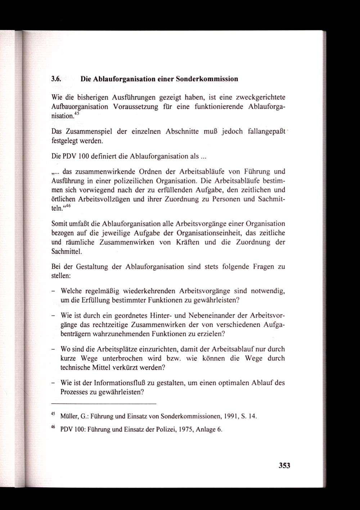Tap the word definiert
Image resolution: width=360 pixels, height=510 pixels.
click(102, 156)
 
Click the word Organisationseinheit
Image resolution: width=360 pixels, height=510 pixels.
click(205, 233)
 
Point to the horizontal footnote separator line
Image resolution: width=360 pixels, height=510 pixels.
click(104, 403)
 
